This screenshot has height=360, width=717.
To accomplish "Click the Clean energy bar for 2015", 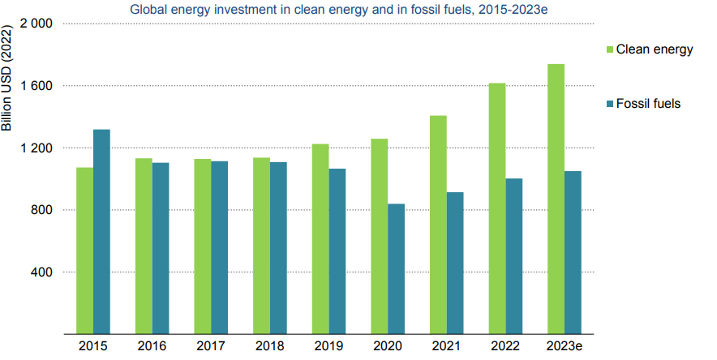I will (84, 251).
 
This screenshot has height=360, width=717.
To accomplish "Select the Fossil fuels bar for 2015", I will (101, 232).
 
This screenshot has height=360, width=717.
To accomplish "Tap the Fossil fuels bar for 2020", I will (396, 268).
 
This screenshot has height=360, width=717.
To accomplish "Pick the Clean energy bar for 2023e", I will (556, 199).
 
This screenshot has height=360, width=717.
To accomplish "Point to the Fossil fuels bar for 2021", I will (455, 263).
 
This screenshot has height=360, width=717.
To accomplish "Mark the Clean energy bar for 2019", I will (320, 239).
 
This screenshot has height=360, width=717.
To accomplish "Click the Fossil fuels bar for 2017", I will (219, 247).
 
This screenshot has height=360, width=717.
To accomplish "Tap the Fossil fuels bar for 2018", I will (278, 248).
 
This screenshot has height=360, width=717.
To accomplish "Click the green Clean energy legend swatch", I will (608, 50).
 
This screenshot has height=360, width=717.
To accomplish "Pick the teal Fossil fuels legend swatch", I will (608, 104).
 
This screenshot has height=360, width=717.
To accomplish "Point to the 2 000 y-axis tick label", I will (35, 24).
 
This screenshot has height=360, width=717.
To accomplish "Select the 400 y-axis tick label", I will (41, 272).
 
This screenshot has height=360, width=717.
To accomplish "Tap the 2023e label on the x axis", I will (564, 346).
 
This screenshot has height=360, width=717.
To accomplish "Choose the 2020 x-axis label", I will (388, 346).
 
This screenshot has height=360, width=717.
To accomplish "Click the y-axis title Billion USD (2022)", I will (8, 89).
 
